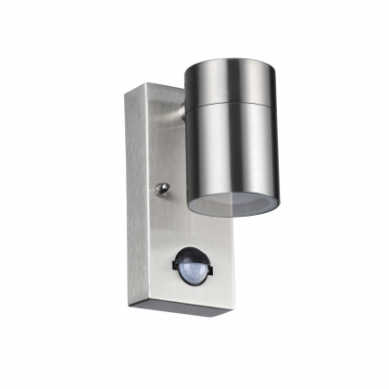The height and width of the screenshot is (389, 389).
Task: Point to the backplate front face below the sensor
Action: coord(185,295)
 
